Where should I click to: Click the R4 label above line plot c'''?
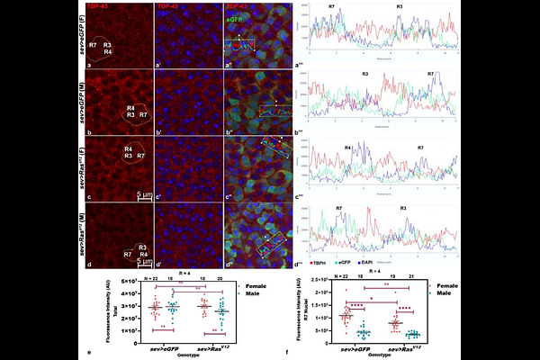coord(347,147)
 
